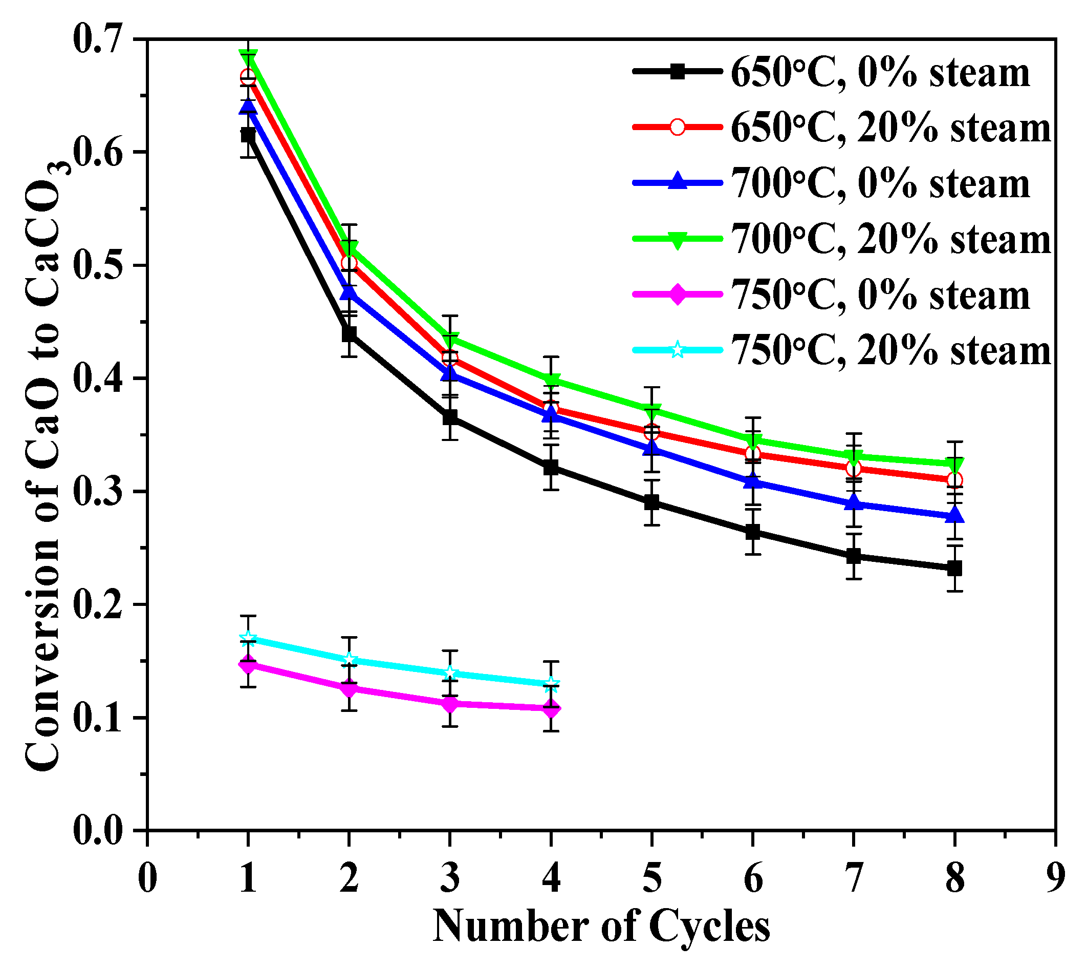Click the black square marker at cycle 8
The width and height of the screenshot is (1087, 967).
[x=954, y=569]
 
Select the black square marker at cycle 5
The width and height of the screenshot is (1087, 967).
[x=652, y=502]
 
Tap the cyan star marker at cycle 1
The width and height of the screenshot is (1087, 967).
[x=248, y=638]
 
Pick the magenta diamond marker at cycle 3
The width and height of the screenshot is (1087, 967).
[x=450, y=704]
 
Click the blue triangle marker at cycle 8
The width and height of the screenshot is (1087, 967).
[x=954, y=516]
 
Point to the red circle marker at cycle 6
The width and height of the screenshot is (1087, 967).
[x=752, y=454]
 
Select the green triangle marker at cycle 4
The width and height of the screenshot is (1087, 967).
[x=551, y=381]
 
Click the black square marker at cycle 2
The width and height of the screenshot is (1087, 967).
[x=349, y=334]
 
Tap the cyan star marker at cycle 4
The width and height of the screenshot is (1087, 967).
[x=551, y=683]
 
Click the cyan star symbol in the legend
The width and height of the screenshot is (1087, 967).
[x=677, y=350]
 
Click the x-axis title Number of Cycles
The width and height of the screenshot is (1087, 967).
[x=601, y=927]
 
